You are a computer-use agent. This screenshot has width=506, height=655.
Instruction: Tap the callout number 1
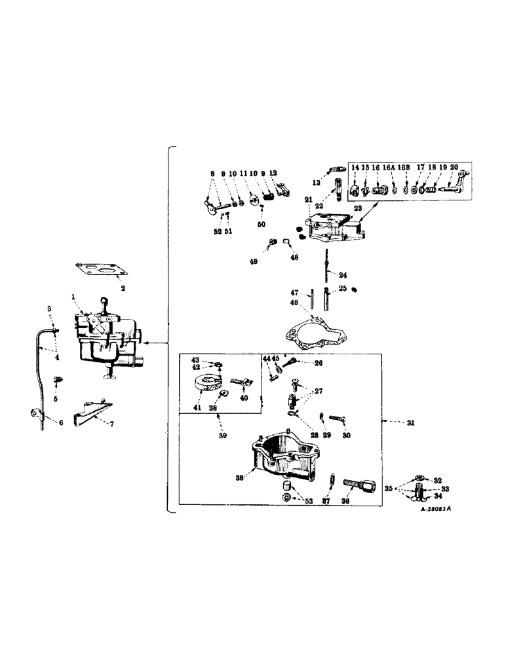pos(75,297)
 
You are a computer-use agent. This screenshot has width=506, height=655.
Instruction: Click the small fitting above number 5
pos(57,379)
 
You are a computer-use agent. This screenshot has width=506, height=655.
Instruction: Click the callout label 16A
pos(392,168)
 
